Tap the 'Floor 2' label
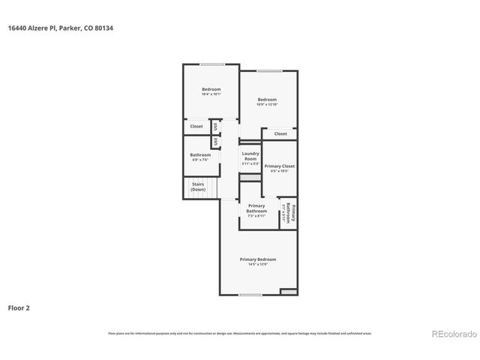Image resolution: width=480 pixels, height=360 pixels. pyautogui.click(x=19, y=307)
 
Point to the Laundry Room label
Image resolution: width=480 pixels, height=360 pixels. pyautogui.click(x=250, y=156)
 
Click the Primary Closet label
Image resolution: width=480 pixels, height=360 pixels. pyautogui.click(x=279, y=166)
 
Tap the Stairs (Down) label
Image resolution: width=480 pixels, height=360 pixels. pyautogui.click(x=198, y=187)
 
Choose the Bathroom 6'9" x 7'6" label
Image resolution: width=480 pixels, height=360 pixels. pyautogui.click(x=199, y=157)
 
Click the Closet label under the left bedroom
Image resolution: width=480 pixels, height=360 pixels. pyautogui.click(x=196, y=126)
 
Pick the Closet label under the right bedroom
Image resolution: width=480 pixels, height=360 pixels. pyautogui.click(x=280, y=133)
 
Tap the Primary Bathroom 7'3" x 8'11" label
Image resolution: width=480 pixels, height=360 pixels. pyautogui.click(x=256, y=210)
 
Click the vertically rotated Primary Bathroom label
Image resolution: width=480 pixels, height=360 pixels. pyautogui.click(x=290, y=214)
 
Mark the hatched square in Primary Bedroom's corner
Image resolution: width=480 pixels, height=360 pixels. pyautogui.click(x=288, y=291)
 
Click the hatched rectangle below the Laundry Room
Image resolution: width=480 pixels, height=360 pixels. pyautogui.click(x=247, y=176)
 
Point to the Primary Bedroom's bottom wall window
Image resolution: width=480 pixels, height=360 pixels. pyautogui.click(x=250, y=295)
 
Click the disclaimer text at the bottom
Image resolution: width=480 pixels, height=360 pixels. pyautogui.click(x=240, y=333)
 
